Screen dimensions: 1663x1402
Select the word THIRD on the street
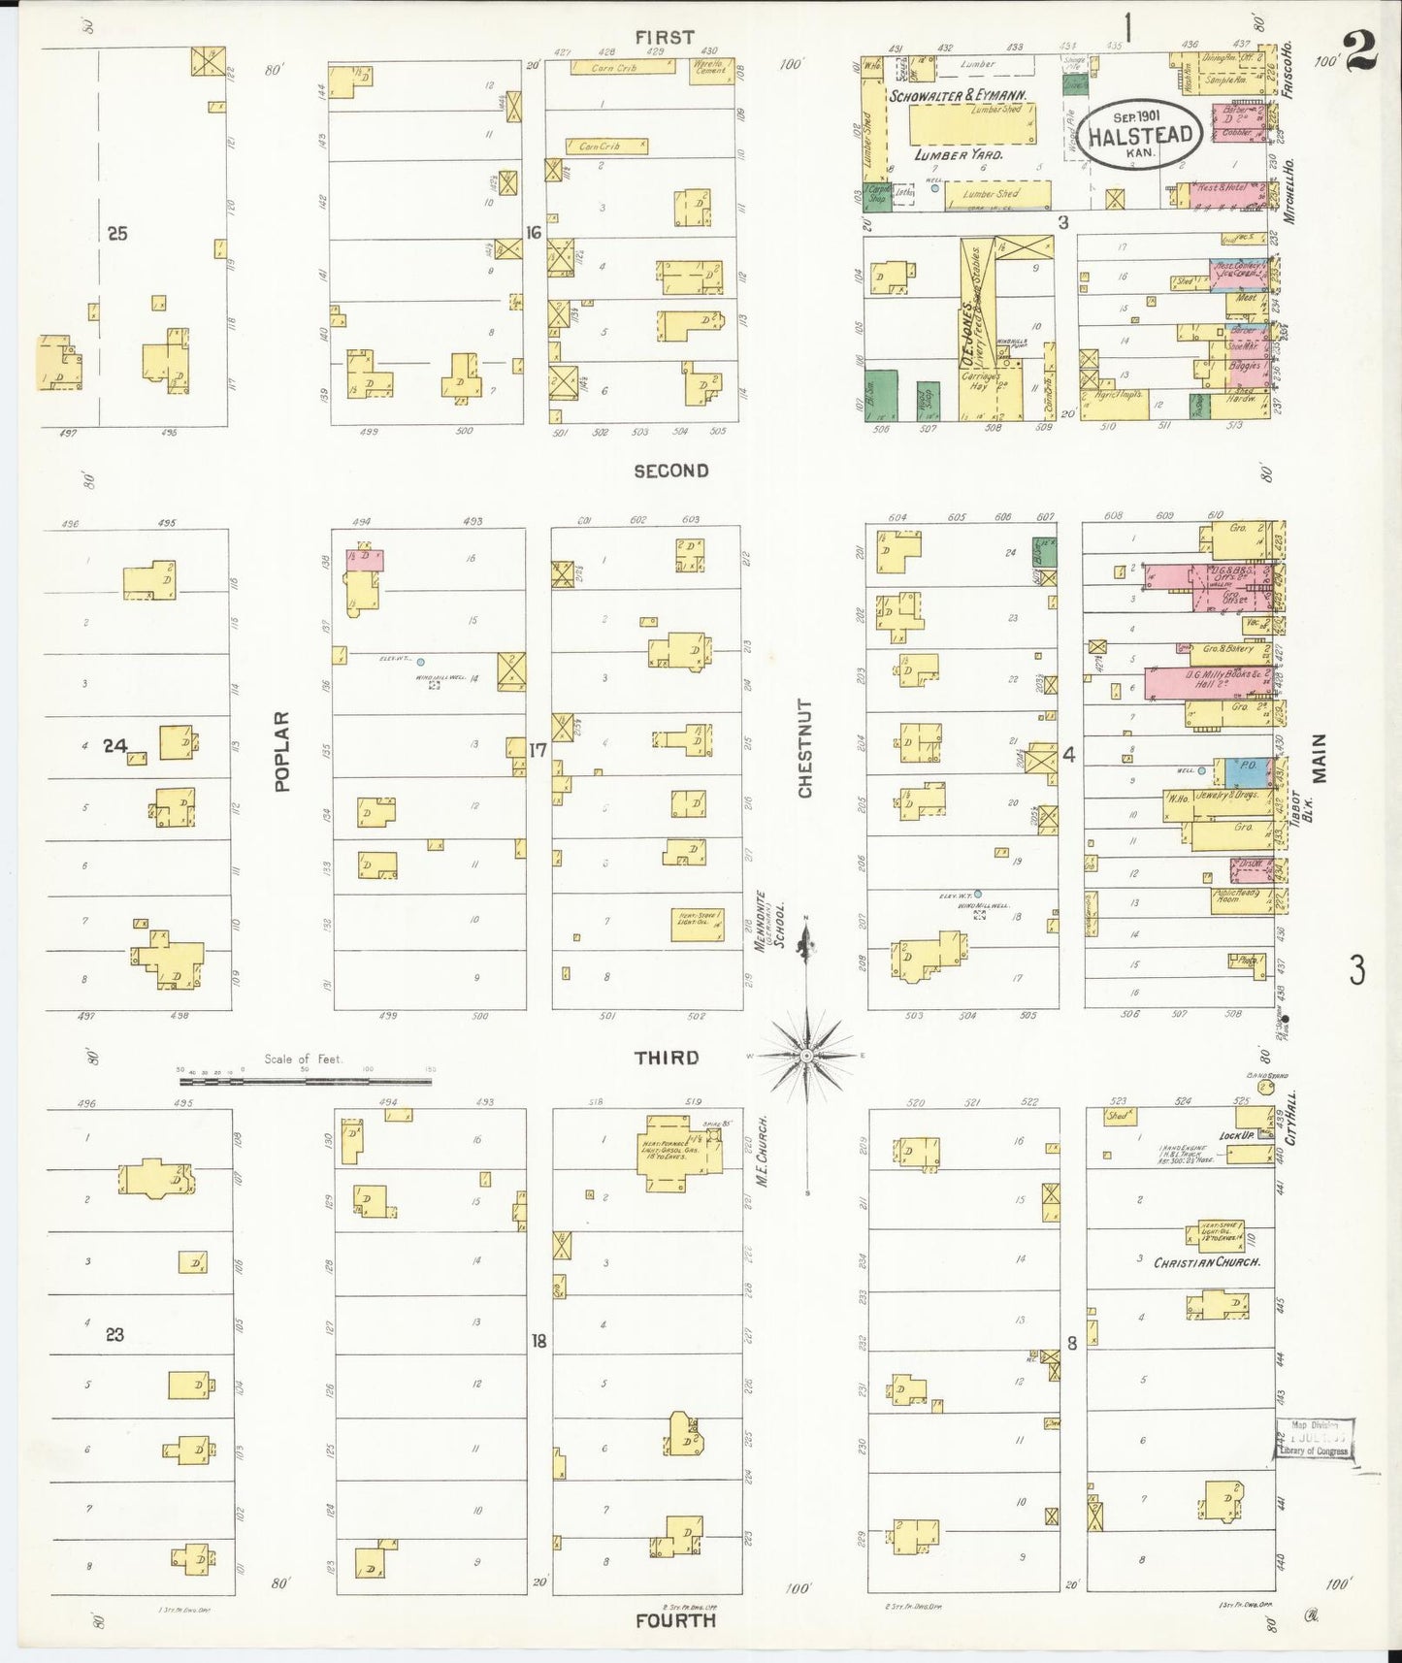click(666, 1058)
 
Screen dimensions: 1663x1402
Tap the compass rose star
click(806, 1055)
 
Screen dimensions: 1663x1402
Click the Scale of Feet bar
click(305, 1079)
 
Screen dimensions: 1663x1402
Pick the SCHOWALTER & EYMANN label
click(958, 96)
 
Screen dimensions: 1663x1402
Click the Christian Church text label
click(1206, 1262)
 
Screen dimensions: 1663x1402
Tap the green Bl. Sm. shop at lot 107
click(880, 395)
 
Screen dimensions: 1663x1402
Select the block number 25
click(116, 233)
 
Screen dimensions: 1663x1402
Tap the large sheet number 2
click(1360, 51)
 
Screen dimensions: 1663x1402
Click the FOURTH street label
click(675, 1620)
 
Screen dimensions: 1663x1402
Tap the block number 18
click(538, 1341)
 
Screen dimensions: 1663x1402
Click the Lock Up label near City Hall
click(1236, 1134)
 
